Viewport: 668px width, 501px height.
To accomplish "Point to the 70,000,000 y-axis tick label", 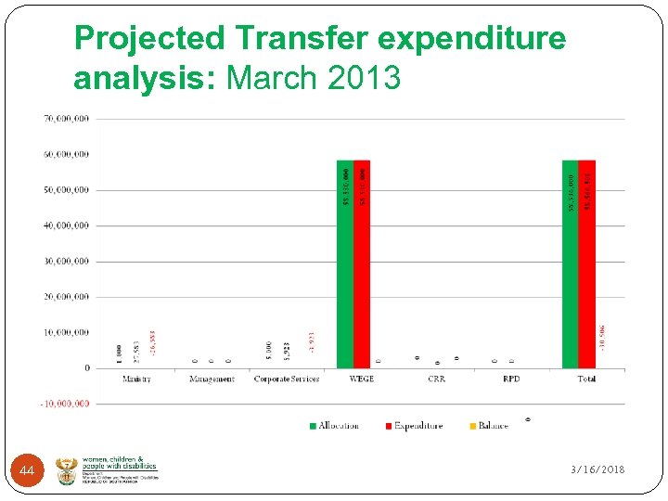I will pos(67,119).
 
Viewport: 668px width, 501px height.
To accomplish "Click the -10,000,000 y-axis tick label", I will pos(65,404).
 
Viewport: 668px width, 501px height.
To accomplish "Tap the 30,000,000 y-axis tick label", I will pos(67,262).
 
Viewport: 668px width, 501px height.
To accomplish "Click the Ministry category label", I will pos(136,379).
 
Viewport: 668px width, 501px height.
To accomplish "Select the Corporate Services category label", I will pos(286,379).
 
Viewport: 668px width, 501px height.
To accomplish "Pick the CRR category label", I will pos(436,379).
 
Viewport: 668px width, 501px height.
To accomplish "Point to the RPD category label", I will pos(511,379).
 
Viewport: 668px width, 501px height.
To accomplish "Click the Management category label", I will pos(212,379).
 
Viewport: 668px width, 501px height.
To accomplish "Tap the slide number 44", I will pos(27,472).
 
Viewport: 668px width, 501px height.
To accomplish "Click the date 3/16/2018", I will pos(597,470).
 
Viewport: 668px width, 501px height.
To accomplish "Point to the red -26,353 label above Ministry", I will pos(152,340).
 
